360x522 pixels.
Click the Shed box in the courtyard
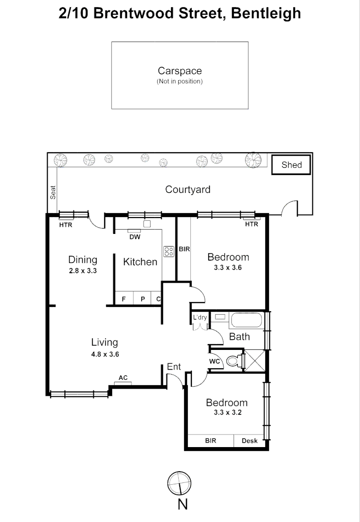point(291,164)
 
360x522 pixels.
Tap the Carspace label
point(180,71)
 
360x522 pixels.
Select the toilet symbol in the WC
point(235,361)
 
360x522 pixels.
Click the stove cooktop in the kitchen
point(169,251)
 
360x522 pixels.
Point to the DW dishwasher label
point(135,237)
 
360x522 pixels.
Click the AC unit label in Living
point(123,378)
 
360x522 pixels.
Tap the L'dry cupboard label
point(200,317)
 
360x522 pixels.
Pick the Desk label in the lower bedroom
point(249,441)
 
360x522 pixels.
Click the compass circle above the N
point(179,483)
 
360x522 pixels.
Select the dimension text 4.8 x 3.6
point(105,354)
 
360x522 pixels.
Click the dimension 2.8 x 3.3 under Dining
point(83,271)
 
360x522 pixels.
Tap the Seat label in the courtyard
point(53,192)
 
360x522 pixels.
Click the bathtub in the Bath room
point(246,320)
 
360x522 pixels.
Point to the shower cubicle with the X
point(255,361)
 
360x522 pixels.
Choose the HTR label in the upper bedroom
point(252,224)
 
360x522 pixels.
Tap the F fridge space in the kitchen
point(124,299)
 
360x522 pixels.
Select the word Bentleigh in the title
point(266,14)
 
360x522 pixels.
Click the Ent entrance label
point(173,366)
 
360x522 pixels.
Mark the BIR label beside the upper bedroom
point(184,249)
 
